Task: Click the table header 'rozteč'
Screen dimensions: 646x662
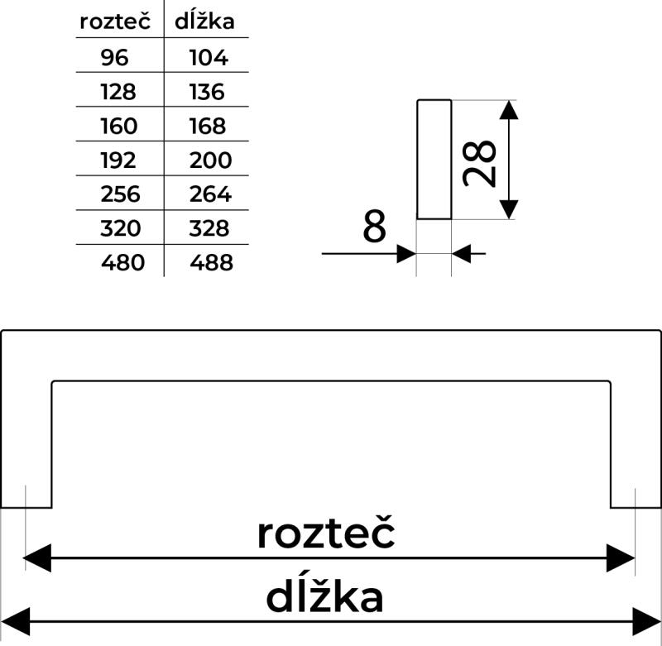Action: (x=115, y=22)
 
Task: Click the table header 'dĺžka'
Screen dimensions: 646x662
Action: (x=205, y=22)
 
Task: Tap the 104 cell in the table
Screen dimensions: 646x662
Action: (x=208, y=58)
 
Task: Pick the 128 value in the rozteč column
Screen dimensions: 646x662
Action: (x=118, y=92)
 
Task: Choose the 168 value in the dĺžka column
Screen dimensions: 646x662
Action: (x=207, y=126)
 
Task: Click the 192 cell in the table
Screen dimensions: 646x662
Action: (x=118, y=160)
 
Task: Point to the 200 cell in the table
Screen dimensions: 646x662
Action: (x=210, y=160)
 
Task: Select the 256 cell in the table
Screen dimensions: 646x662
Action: (x=120, y=194)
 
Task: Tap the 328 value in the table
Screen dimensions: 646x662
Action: (x=209, y=228)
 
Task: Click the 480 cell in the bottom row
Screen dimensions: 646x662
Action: (x=122, y=263)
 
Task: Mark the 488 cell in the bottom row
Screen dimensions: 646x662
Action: (x=211, y=263)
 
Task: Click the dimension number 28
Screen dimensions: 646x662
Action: (x=480, y=163)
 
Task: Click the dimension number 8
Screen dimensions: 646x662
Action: (x=375, y=227)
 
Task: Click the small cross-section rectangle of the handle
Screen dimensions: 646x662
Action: (x=434, y=160)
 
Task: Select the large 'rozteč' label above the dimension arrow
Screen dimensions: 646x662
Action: (x=325, y=534)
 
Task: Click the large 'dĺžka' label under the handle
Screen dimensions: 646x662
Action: (x=324, y=597)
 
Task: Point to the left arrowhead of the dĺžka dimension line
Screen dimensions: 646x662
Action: (x=15, y=620)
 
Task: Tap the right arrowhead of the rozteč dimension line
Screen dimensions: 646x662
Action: (x=622, y=558)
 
